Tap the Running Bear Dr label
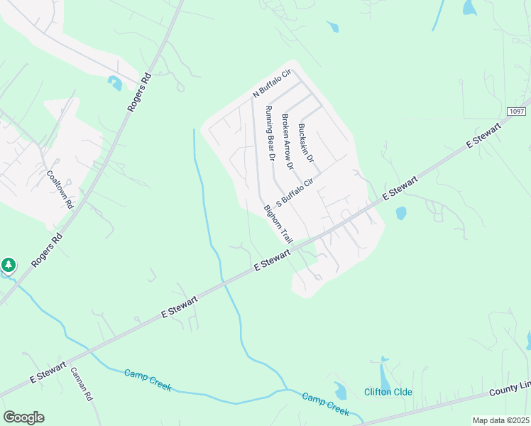click(270, 133)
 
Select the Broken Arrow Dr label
click(287, 141)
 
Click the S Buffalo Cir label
click(295, 192)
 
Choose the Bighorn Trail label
click(278, 224)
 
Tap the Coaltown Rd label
click(60, 188)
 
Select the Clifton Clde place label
click(388, 392)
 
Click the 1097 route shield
click(517, 111)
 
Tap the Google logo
click(23, 417)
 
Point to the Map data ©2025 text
click(501, 420)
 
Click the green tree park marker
click(8, 266)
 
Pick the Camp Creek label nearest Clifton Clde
click(325, 404)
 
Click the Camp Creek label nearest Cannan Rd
click(148, 377)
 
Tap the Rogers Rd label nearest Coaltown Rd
click(47, 249)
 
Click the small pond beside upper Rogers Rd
click(114, 82)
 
